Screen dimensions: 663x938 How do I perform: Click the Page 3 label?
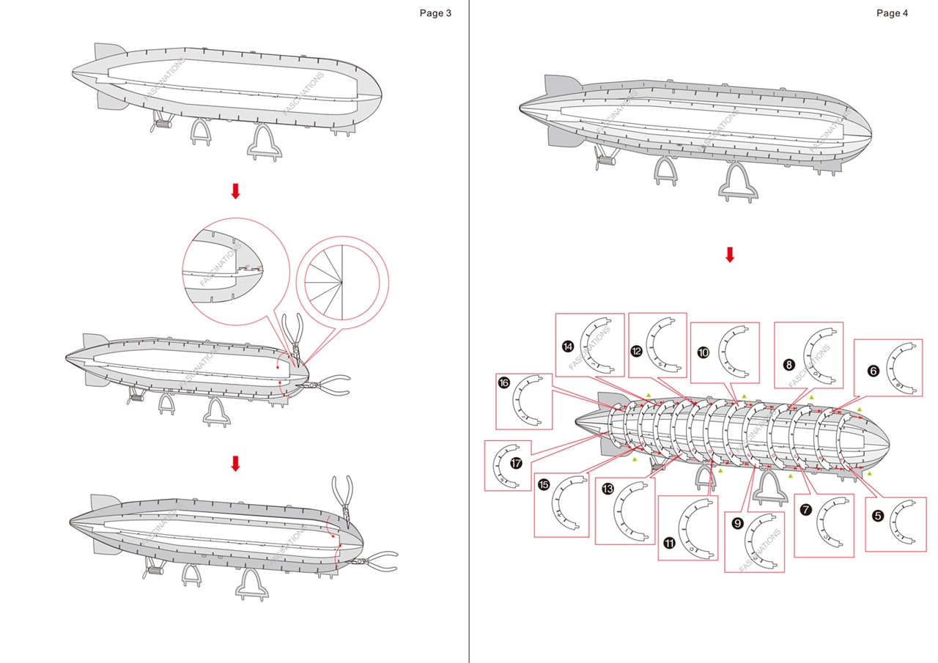pos(435,13)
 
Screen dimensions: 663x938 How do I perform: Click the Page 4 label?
pos(892,13)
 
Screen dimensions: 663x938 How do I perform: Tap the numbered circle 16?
pos(504,382)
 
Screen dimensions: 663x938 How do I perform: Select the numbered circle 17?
pos(517,463)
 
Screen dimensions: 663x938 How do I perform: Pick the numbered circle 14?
pos(568,347)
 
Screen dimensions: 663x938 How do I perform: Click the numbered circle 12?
pos(637,351)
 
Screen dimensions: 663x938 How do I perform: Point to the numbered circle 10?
pos(703,352)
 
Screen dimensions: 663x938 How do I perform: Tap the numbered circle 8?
pos(789,364)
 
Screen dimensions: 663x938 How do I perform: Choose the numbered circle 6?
pos(873,371)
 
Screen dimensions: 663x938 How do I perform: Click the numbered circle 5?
pos(878,515)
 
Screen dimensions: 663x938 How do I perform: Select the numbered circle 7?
pos(806,510)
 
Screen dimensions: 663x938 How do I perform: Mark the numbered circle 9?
pos(738,523)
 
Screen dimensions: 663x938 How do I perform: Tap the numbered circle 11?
pos(670,543)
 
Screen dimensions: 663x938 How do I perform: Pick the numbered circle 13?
pos(608,489)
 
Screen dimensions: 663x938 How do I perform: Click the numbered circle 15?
pos(544,484)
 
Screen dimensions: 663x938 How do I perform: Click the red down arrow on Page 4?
pos(729,255)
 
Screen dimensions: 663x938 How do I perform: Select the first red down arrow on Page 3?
pos(235,191)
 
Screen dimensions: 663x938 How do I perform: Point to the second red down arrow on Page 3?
pos(235,463)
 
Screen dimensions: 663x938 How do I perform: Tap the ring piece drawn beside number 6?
pos(903,368)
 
